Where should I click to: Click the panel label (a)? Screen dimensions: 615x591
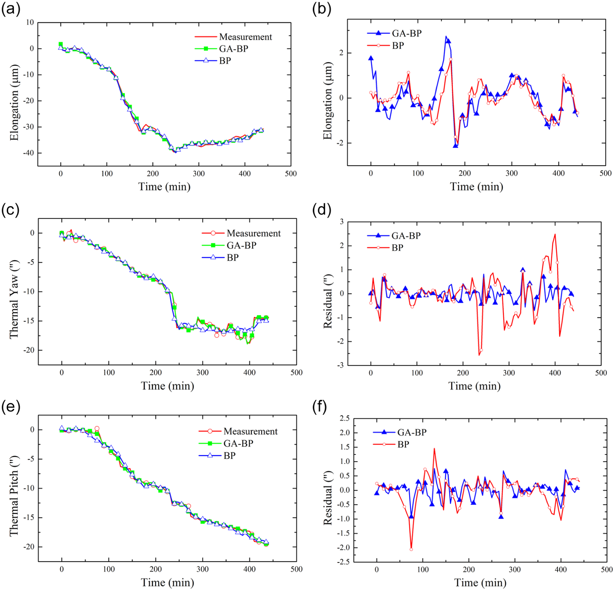pos(11,9)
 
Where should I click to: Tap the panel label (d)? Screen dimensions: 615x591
pos(321,210)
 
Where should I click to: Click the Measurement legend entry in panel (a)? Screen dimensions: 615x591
pos(233,37)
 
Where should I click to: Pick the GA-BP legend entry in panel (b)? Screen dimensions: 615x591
pos(394,33)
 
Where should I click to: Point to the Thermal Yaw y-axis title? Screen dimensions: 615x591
pos(14,299)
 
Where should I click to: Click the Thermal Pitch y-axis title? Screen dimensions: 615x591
pos(14,496)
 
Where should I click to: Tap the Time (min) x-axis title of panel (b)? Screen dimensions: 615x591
pos(476,187)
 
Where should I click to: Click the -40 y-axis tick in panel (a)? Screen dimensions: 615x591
pos(28,153)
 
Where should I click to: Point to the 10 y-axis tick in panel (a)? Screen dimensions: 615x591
pos(30,22)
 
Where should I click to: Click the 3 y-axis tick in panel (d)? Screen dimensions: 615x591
pos(342,221)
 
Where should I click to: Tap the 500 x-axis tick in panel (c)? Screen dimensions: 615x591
pos(296,373)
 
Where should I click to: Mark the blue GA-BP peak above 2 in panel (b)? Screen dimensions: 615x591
pos(446,36)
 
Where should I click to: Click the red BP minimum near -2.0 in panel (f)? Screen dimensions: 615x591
pos(411,549)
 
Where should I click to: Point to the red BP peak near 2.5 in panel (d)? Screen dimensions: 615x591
pos(555,234)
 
